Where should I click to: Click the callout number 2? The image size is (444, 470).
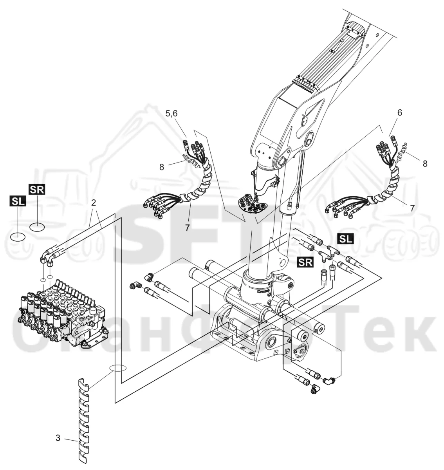tap(94, 203)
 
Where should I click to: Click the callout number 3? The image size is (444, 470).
tap(58, 438)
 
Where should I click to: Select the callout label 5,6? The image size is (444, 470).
tap(171, 114)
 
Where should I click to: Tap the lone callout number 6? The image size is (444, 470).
tap(399, 113)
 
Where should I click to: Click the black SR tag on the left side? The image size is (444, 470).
tap(37, 189)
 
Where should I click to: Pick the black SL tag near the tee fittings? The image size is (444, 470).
tap(346, 239)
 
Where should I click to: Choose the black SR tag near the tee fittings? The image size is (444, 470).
tap(305, 262)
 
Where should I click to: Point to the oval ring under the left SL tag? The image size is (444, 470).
tap(18, 237)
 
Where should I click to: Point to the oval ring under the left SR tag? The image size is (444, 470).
tap(37, 227)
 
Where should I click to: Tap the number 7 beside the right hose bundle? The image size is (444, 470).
tap(412, 208)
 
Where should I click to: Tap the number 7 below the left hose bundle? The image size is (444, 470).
tap(187, 228)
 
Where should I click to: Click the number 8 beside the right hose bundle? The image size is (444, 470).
tap(425, 164)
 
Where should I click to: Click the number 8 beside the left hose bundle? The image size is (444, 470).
tap(162, 167)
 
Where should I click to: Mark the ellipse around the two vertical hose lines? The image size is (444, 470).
tap(118, 368)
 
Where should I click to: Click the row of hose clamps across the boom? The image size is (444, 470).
tap(304, 85)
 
